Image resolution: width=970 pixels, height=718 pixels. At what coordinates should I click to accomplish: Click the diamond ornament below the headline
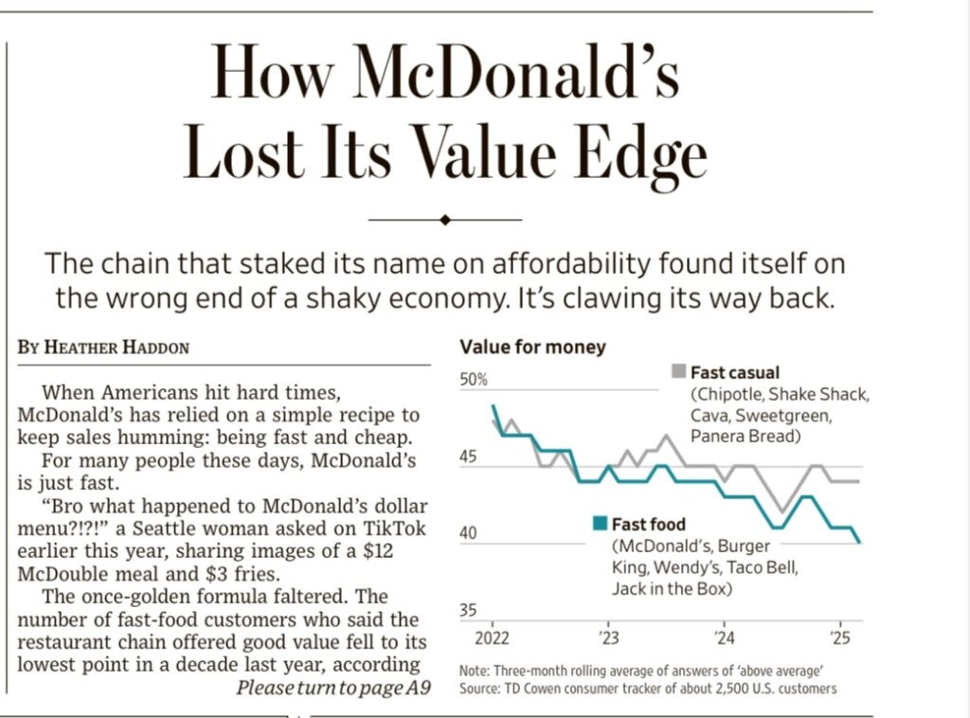445,220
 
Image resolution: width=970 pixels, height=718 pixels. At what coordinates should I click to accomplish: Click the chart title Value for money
531,348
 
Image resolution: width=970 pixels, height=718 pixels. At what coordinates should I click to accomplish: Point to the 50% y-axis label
474,381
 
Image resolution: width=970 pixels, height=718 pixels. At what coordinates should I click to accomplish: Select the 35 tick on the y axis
468,611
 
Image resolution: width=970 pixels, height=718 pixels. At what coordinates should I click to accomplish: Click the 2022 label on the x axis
494,635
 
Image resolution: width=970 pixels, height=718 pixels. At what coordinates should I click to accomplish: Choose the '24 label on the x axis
724,635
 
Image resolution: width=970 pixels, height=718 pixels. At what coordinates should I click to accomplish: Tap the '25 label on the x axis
840,635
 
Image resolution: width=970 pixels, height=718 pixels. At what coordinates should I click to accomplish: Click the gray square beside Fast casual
678,371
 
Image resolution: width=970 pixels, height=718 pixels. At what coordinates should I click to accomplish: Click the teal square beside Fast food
599,523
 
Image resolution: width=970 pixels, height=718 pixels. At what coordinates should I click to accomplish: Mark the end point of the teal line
859,542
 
